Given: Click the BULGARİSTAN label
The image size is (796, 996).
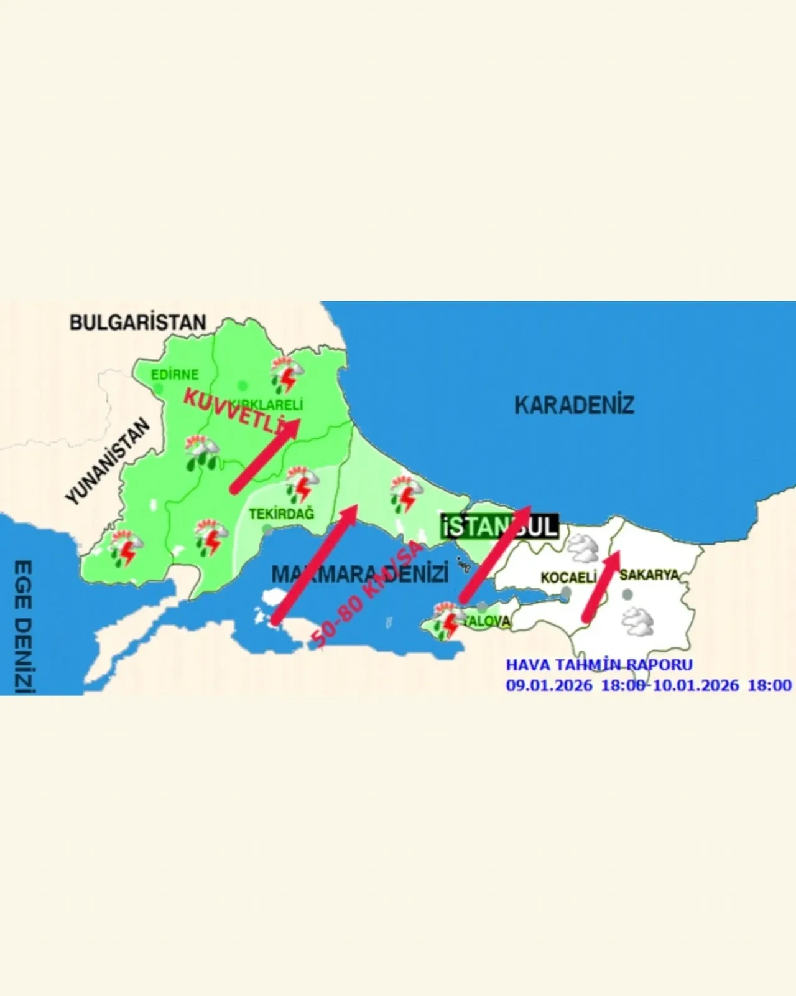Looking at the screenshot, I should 137,322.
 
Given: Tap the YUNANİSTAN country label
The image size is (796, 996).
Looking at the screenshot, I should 108,461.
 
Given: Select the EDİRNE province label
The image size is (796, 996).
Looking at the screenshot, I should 175,375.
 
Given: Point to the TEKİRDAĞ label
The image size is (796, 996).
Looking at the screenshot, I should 281,514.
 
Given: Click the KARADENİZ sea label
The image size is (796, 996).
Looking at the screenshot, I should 574,405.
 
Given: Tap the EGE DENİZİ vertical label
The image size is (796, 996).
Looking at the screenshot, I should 22,626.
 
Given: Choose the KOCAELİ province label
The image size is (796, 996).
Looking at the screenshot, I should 568,577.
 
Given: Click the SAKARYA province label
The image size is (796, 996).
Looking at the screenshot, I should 649,575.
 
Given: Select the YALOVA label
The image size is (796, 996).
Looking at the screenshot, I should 489,621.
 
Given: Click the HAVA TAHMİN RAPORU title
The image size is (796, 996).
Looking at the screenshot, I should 599,665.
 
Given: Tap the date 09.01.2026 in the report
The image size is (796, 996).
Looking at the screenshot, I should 548,685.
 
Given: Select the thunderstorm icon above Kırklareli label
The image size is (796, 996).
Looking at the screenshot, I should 287,374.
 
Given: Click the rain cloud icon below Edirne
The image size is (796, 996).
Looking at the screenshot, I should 201,453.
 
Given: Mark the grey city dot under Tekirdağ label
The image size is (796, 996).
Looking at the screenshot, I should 267,529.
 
